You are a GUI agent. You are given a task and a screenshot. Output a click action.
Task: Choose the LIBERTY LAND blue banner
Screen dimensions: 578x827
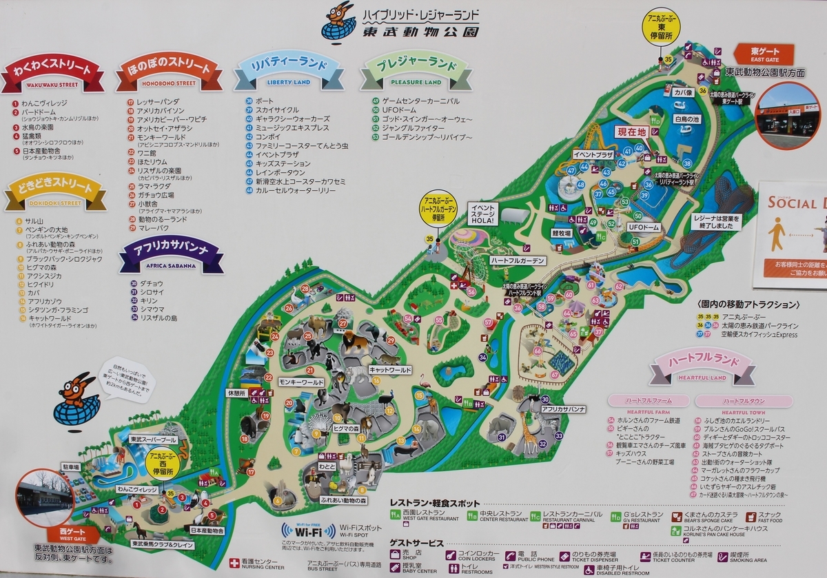point(288,71)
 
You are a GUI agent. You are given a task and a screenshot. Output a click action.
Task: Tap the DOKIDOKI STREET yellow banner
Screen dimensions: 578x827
point(55,194)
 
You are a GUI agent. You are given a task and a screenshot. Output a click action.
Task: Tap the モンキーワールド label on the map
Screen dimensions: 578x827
point(300,382)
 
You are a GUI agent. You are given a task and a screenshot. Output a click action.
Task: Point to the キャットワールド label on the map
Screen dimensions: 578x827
point(389,370)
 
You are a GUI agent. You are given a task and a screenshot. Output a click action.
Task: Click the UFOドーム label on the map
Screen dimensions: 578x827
point(643,227)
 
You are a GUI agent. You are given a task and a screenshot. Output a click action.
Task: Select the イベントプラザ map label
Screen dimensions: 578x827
point(592,155)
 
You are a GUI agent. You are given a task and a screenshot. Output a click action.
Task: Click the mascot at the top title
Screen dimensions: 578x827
point(338,21)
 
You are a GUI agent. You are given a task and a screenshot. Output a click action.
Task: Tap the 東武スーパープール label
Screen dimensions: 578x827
point(153,439)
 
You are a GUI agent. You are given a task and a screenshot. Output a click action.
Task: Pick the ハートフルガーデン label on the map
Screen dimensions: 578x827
point(518,260)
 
